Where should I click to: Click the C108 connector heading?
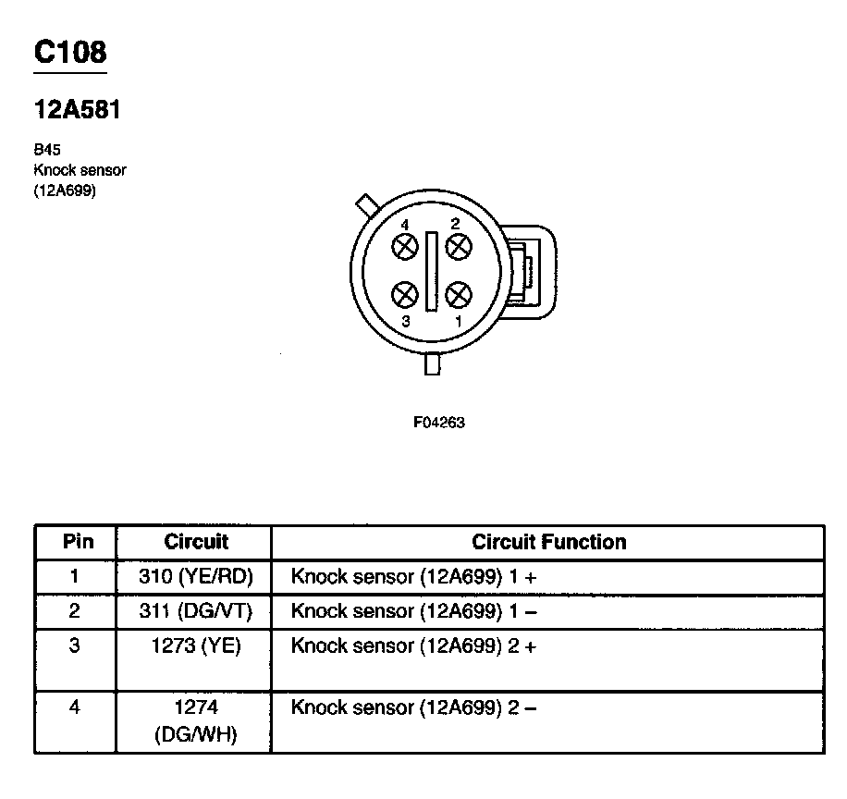70,53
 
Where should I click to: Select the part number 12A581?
78,110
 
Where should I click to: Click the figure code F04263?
438,423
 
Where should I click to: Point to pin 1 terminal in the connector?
458,295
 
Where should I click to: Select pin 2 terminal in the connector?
458,247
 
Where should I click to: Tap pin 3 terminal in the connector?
405,295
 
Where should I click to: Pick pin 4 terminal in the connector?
405,247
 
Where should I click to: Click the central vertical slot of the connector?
431,271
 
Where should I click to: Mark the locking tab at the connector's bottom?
432,364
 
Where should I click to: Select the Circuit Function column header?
548,542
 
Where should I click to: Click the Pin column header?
77,542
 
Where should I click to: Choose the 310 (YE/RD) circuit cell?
195,577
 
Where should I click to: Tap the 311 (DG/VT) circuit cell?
195,611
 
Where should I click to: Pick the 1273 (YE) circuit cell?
195,646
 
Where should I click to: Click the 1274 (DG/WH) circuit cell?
195,721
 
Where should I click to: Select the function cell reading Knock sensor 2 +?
413,646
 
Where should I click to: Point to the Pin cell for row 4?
75,708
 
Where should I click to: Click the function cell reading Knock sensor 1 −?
413,611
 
